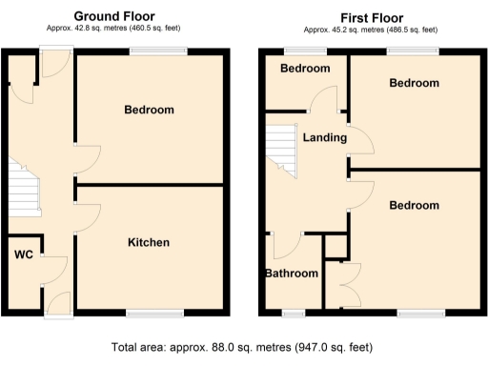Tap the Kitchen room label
coord(149,243)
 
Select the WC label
coord(23,254)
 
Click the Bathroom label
coord(291,274)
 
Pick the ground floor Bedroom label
coord(150,111)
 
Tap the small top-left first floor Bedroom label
coord(305,69)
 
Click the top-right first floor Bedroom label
coord(415,84)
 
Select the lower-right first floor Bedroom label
coord(415,206)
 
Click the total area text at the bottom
coord(243,348)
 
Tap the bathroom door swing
coord(286,246)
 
